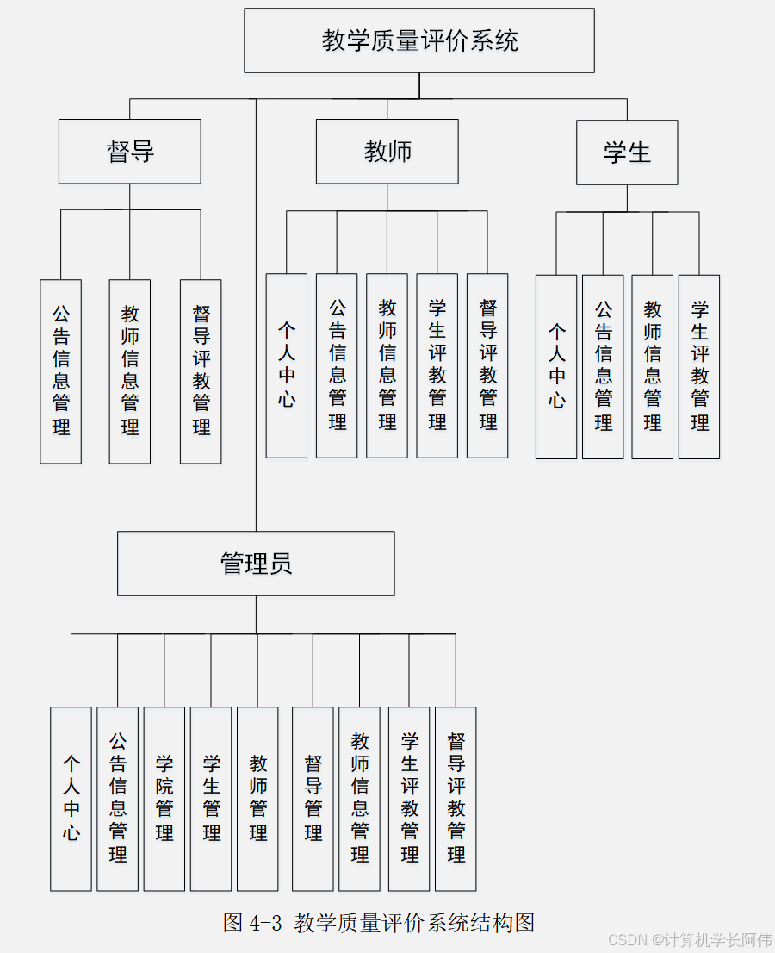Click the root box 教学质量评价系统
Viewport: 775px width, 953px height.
[x=419, y=40]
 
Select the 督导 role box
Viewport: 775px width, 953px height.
[x=130, y=152]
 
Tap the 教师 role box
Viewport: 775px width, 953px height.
[x=387, y=152]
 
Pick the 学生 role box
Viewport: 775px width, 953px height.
[x=627, y=153]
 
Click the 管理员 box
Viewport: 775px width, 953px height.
[x=256, y=564]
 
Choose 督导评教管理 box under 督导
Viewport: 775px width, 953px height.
[x=201, y=371]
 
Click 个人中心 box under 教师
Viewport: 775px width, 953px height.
[x=287, y=365]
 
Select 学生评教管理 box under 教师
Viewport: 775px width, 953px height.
[x=437, y=365]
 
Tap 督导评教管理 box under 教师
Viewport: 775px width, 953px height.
[x=487, y=365]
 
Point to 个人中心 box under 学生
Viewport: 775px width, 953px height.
[x=556, y=366]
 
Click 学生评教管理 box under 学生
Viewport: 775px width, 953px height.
[x=699, y=366]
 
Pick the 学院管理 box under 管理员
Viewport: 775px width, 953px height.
[x=164, y=799]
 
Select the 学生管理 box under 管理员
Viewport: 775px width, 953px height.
[x=211, y=799]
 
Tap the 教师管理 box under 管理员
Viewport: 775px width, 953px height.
[x=257, y=799]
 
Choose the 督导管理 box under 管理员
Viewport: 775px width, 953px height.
[x=313, y=799]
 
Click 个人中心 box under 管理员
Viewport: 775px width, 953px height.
[x=71, y=799]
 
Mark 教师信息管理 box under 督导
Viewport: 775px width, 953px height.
[x=130, y=371]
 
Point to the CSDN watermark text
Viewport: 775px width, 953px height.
[x=689, y=939]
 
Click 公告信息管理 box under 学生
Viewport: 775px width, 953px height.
[x=603, y=366]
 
